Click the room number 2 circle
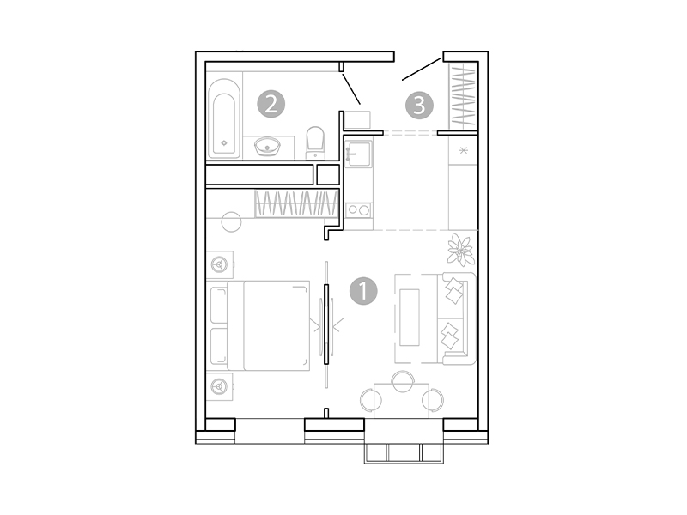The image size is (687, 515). point(271,105)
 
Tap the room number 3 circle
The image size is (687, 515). point(418,105)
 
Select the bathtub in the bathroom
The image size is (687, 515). point(225,119)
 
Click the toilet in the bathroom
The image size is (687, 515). point(316,143)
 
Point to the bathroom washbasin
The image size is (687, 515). point(269,147)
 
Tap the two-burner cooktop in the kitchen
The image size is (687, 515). point(358,209)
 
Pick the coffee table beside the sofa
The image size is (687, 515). point(410,317)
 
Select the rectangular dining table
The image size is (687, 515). point(401,399)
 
